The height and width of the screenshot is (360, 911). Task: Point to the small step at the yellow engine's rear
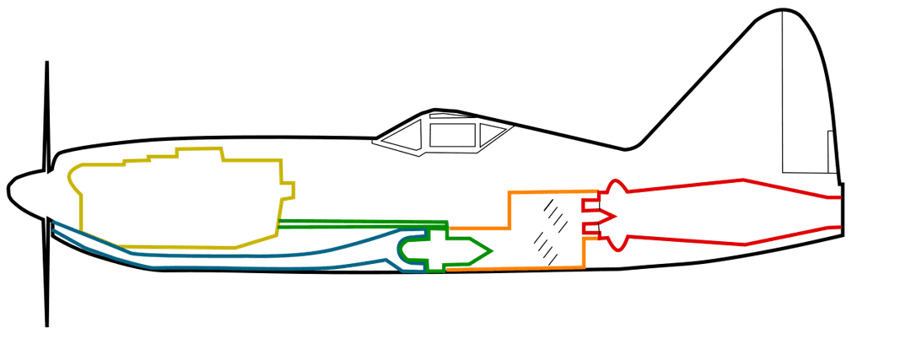point(288,191)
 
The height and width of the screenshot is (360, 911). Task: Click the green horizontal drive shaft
point(354,223)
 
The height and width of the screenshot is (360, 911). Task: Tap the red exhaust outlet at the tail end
point(838,212)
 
